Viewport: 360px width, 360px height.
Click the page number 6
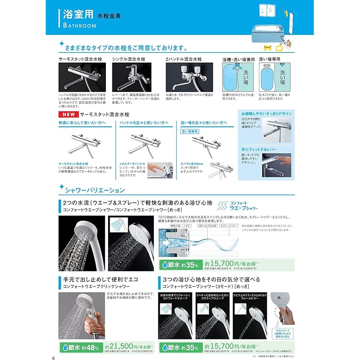click(x=53, y=357)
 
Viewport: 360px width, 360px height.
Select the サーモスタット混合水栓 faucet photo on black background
click(x=82, y=77)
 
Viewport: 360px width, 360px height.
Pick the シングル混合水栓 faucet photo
click(x=136, y=77)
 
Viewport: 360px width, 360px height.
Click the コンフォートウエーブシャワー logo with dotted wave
click(x=238, y=206)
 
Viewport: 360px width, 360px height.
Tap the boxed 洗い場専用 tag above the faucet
click(x=190, y=132)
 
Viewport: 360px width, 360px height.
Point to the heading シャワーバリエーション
click(x=94, y=190)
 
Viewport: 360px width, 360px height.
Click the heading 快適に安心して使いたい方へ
click(x=82, y=123)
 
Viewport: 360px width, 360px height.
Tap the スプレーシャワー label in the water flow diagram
click(x=229, y=225)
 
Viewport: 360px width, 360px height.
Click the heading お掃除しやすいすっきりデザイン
click(x=266, y=113)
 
